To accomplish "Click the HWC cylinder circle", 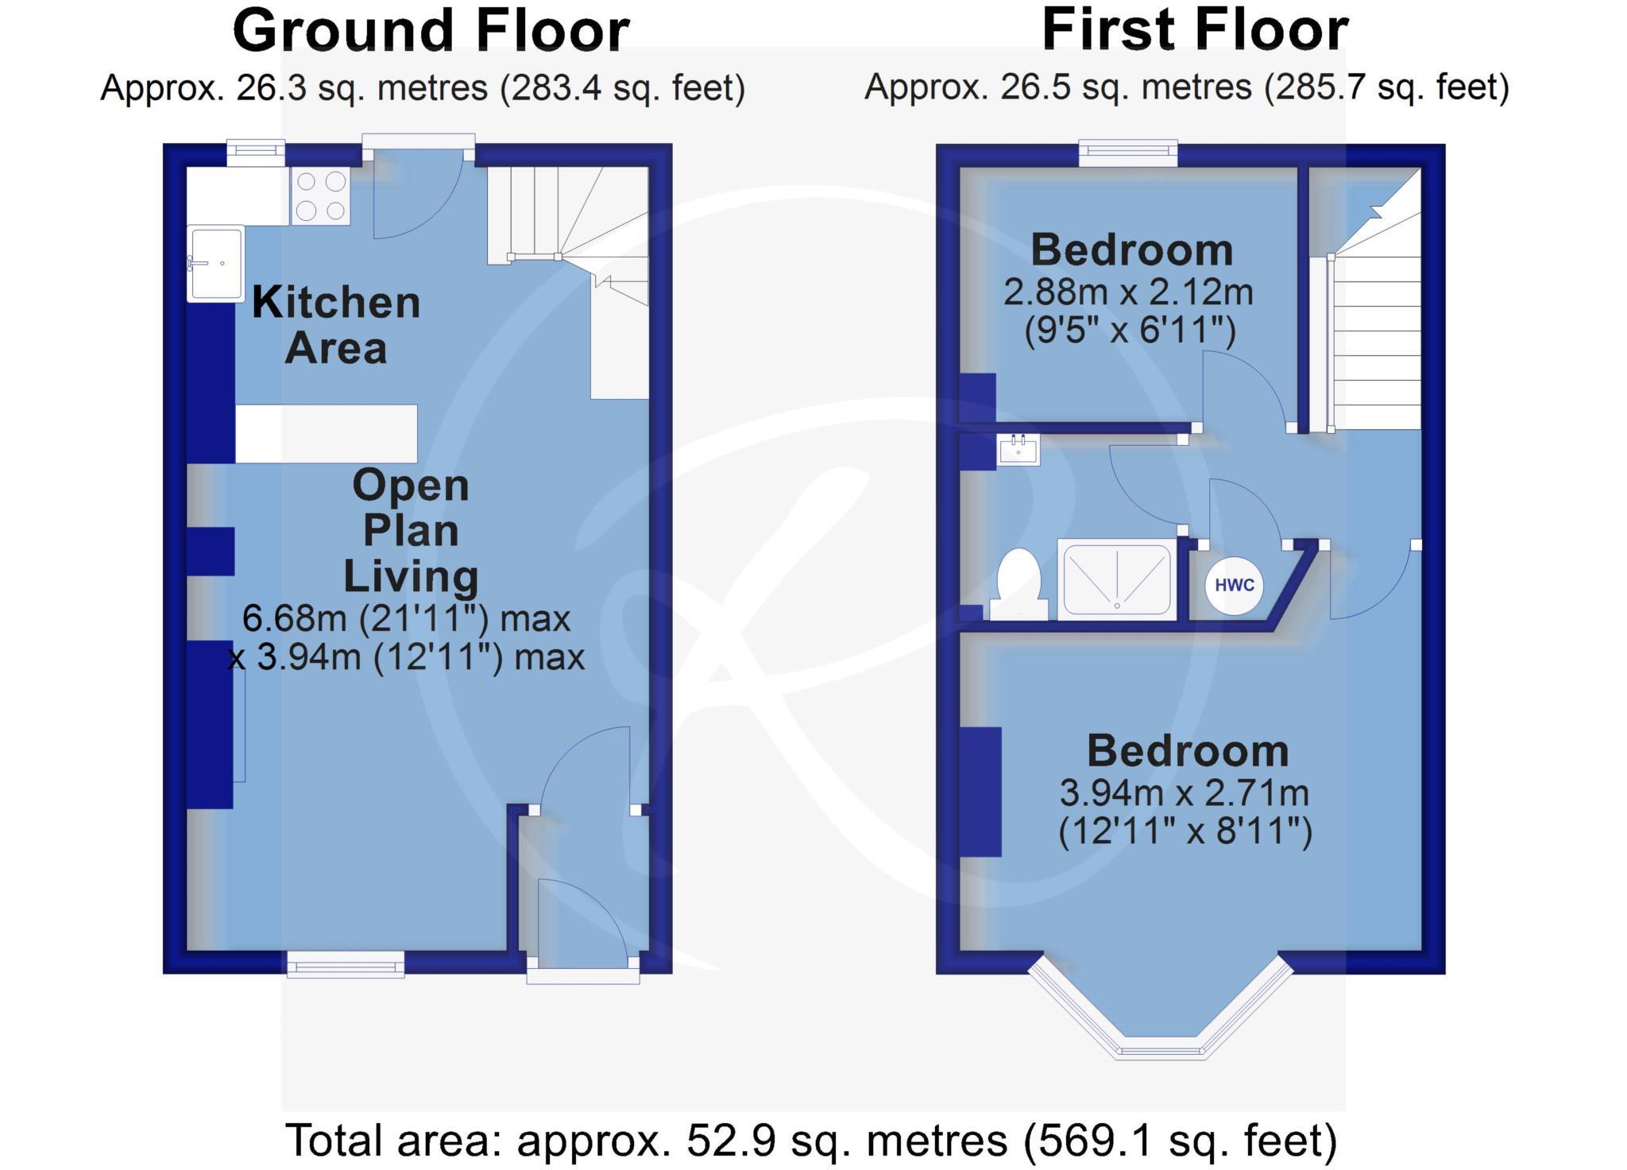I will coord(1234,586).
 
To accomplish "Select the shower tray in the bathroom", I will coord(1117,579).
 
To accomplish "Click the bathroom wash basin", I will coord(1018,451).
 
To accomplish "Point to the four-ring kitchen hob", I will coord(321,196).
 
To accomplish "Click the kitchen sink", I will coord(216,264).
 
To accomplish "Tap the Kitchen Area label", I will coord(335,325).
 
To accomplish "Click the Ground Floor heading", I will coord(431,31).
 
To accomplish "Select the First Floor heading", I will coord(1194,31).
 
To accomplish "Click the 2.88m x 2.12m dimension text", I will coord(1128,292).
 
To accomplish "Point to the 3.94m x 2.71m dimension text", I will coord(1184,792).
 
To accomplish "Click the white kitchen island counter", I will coord(327,434).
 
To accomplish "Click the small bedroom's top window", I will coord(1128,153).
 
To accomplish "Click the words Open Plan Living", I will coord(410,530).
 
